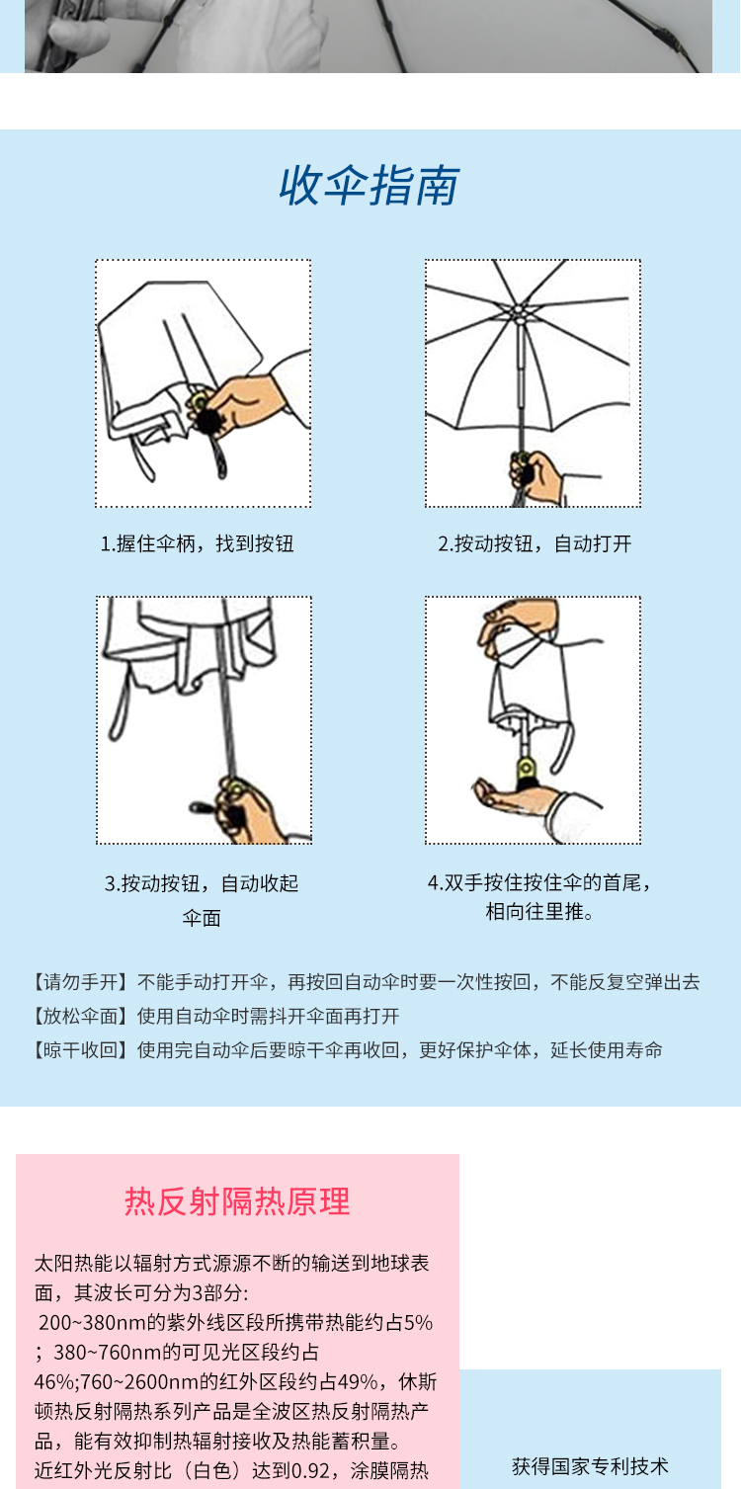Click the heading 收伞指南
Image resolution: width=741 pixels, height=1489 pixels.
click(369, 186)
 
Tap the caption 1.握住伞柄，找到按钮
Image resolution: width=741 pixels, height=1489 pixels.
click(197, 543)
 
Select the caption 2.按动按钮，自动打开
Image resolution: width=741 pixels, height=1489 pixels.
click(535, 543)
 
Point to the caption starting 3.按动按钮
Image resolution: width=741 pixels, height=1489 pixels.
click(202, 900)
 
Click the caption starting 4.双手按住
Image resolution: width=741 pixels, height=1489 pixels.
click(539, 896)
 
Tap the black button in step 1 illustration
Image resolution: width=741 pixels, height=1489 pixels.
click(208, 420)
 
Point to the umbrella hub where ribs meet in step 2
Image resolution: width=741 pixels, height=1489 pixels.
click(520, 312)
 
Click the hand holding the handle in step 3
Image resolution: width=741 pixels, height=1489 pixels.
click(245, 811)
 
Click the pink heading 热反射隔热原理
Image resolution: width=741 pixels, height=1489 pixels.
click(237, 1201)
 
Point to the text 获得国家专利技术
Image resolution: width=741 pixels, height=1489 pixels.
click(590, 1465)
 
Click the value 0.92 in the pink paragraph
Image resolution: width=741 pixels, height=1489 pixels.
click(310, 1470)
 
